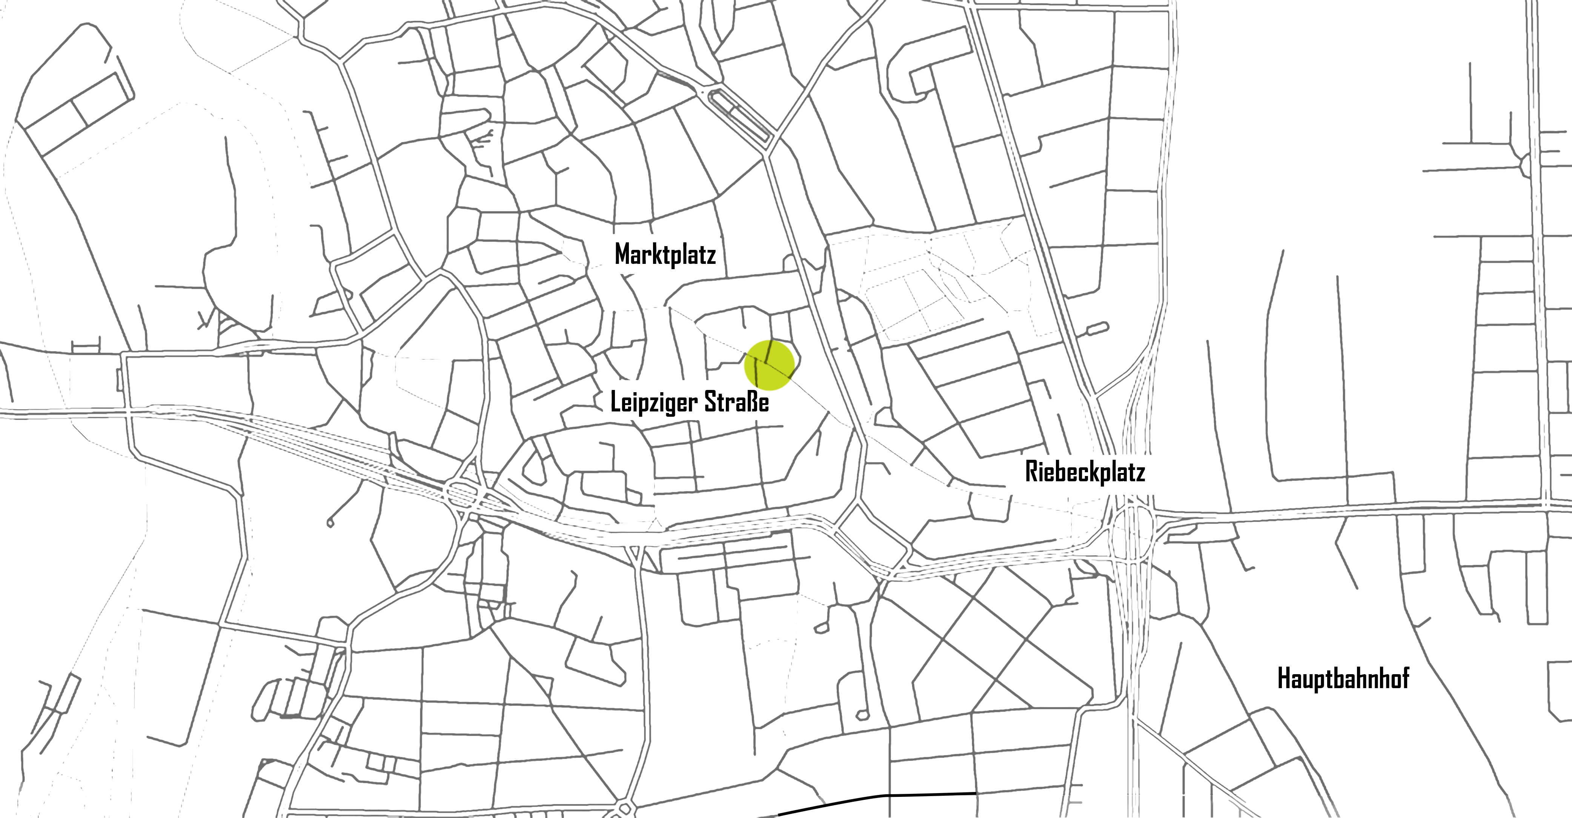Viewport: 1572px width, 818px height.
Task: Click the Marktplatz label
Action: pyautogui.click(x=665, y=255)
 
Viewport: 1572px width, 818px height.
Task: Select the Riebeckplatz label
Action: pyautogui.click(x=1084, y=473)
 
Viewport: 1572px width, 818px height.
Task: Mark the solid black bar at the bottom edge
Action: pyautogui.click(x=877, y=804)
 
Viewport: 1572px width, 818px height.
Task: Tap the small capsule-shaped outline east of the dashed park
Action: pyautogui.click(x=1097, y=328)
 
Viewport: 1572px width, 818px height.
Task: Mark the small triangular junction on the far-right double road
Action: pyautogui.click(x=1526, y=165)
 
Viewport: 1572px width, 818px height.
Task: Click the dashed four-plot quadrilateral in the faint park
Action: pyautogui.click(x=915, y=299)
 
